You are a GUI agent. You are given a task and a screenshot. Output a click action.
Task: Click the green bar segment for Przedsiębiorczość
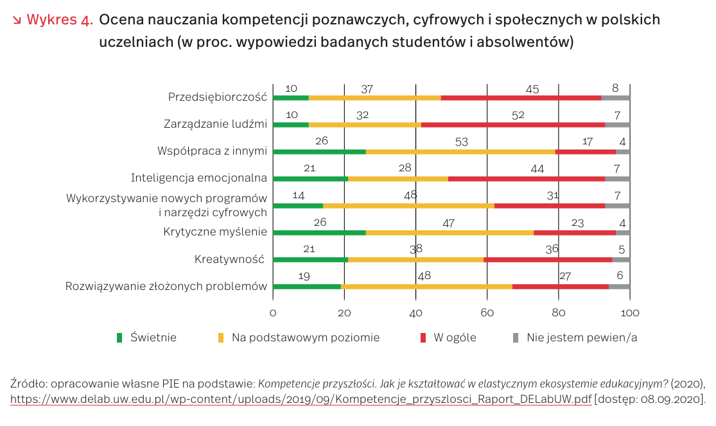[x=291, y=98]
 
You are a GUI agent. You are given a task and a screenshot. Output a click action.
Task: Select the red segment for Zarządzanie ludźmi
[x=513, y=124]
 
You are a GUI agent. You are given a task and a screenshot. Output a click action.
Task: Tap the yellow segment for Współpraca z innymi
[x=460, y=151]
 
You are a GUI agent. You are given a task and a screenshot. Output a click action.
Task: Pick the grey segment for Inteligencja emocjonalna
[x=617, y=179]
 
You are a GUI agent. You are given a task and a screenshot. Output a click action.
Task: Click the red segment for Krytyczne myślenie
[x=575, y=233]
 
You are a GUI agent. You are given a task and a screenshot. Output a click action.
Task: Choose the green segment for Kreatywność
[x=311, y=260]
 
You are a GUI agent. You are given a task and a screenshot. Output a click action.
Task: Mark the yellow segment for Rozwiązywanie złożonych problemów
[x=426, y=286]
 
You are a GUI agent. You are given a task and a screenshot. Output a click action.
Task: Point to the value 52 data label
[x=518, y=115]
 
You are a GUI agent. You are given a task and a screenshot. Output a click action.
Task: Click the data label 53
[x=462, y=142]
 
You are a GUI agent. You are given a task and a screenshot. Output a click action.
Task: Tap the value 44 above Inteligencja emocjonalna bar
[x=537, y=169]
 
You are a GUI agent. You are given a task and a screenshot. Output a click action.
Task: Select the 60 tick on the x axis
[x=487, y=313]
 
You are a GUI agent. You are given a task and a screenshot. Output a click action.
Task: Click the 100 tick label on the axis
[x=630, y=313]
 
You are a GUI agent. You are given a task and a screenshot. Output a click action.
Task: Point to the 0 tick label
[x=273, y=313]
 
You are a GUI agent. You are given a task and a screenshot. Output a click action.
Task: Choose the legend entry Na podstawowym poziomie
[x=299, y=337]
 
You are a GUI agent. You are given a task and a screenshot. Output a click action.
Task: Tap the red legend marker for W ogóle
[x=423, y=337]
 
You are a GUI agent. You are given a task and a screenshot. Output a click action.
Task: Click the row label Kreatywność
[x=229, y=260]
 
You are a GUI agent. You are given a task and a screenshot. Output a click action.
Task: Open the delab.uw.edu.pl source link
[x=301, y=399]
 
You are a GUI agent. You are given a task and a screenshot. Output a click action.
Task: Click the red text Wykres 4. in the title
[x=60, y=20]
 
